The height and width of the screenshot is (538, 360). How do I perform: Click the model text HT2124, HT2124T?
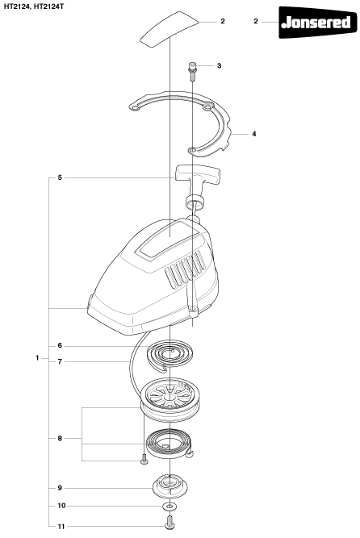click(x=34, y=6)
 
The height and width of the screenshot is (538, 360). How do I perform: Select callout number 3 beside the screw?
click(x=220, y=65)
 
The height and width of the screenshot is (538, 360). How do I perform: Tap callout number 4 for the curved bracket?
click(x=253, y=134)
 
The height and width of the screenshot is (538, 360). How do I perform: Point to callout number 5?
click(x=60, y=177)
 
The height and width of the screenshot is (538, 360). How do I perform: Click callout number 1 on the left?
click(x=37, y=358)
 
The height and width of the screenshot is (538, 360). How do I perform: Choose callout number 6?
click(x=60, y=346)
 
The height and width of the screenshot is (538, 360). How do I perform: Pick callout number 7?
click(x=60, y=361)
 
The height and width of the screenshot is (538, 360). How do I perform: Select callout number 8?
click(x=60, y=438)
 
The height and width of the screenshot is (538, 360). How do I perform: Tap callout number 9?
click(x=60, y=488)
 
